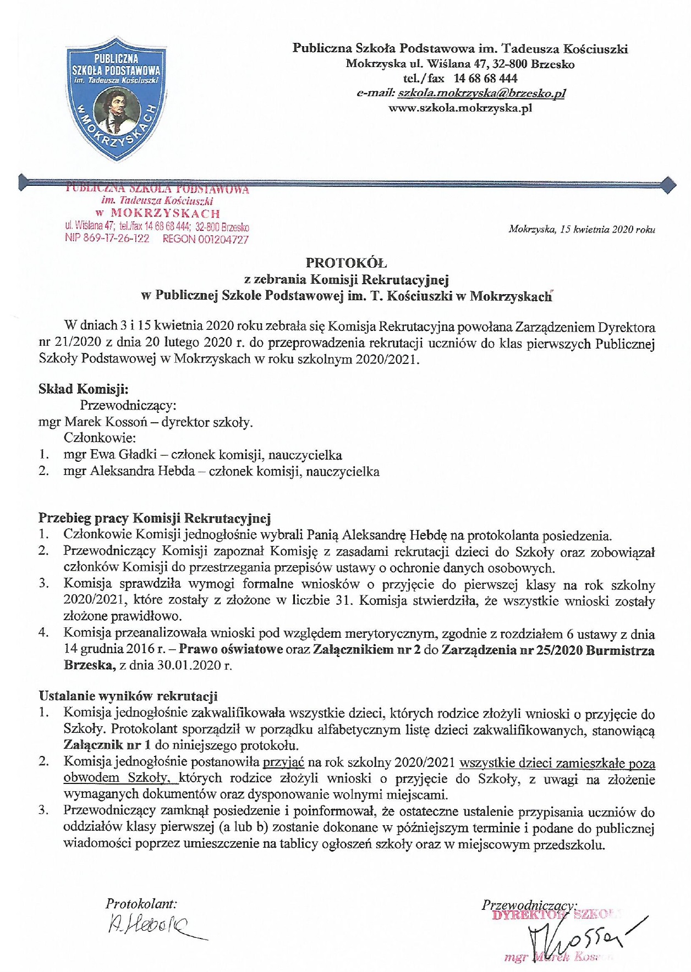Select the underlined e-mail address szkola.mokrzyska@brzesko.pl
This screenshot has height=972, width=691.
pos(481,93)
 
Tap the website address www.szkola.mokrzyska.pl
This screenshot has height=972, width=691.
pos(460,108)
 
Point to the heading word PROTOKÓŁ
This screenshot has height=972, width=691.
pos(346,263)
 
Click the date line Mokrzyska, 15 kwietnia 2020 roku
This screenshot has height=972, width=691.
pos(582,229)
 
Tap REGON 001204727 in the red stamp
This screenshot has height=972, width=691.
pos(205,239)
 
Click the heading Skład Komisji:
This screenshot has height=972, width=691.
pos(83,389)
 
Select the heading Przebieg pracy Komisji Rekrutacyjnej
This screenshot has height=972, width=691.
pos(154,518)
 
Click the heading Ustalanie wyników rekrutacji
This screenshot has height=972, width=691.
pos(128,696)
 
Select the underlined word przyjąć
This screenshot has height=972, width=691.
pos(283,762)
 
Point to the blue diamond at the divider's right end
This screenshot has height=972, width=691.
pos(666,185)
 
